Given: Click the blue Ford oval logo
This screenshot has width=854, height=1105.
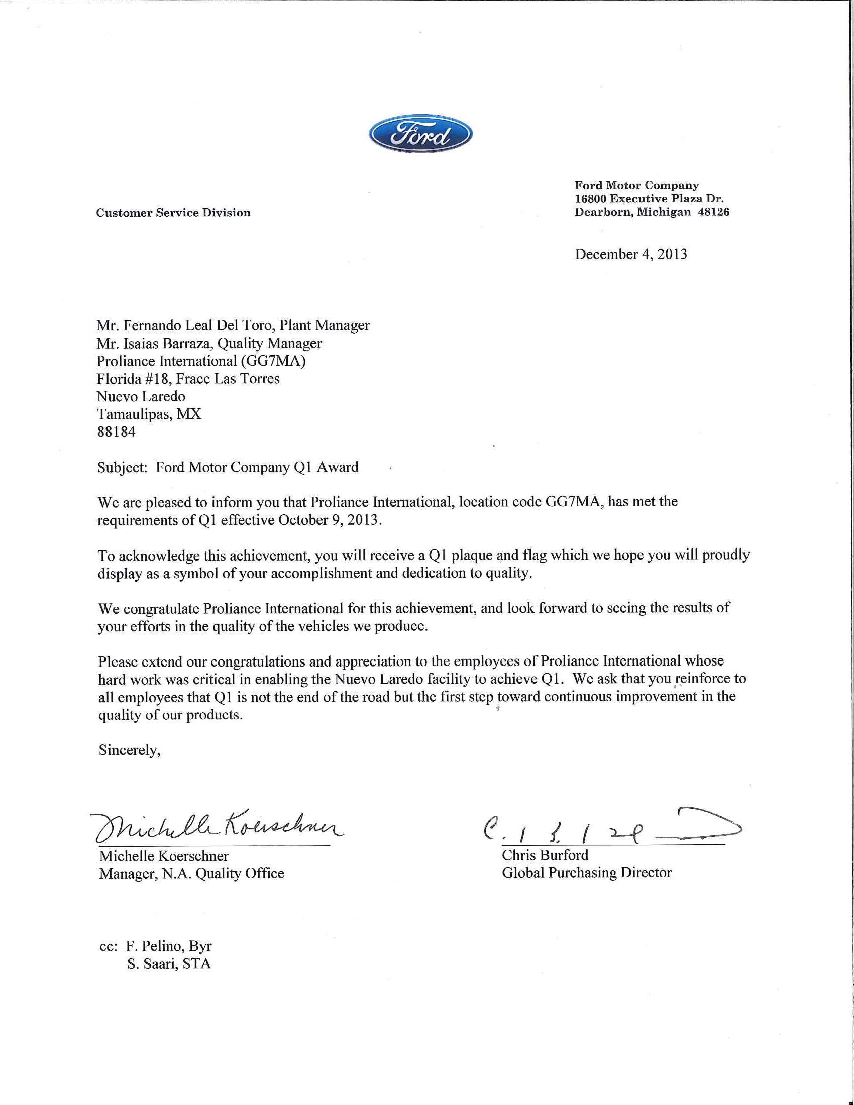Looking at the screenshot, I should (x=420, y=134).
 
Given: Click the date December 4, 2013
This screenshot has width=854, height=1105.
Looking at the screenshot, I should (x=630, y=254).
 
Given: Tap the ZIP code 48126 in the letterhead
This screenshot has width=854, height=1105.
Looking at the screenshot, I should (x=713, y=212).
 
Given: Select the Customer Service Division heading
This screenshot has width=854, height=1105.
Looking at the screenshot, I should (x=173, y=213).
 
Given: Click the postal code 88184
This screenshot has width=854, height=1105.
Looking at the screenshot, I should (x=117, y=432).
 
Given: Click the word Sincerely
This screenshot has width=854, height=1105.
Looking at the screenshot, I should (x=130, y=750).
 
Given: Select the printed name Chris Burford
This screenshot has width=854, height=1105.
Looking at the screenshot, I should (x=545, y=855).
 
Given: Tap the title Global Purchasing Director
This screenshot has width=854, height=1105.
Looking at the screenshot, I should (x=586, y=873).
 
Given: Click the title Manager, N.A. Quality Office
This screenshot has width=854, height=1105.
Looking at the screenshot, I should (x=191, y=874).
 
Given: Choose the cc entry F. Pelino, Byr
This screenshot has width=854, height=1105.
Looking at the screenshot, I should (x=168, y=946).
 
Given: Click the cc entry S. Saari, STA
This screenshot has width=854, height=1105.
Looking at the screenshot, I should (x=168, y=964).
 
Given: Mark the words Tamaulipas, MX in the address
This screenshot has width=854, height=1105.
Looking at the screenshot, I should (x=149, y=414).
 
